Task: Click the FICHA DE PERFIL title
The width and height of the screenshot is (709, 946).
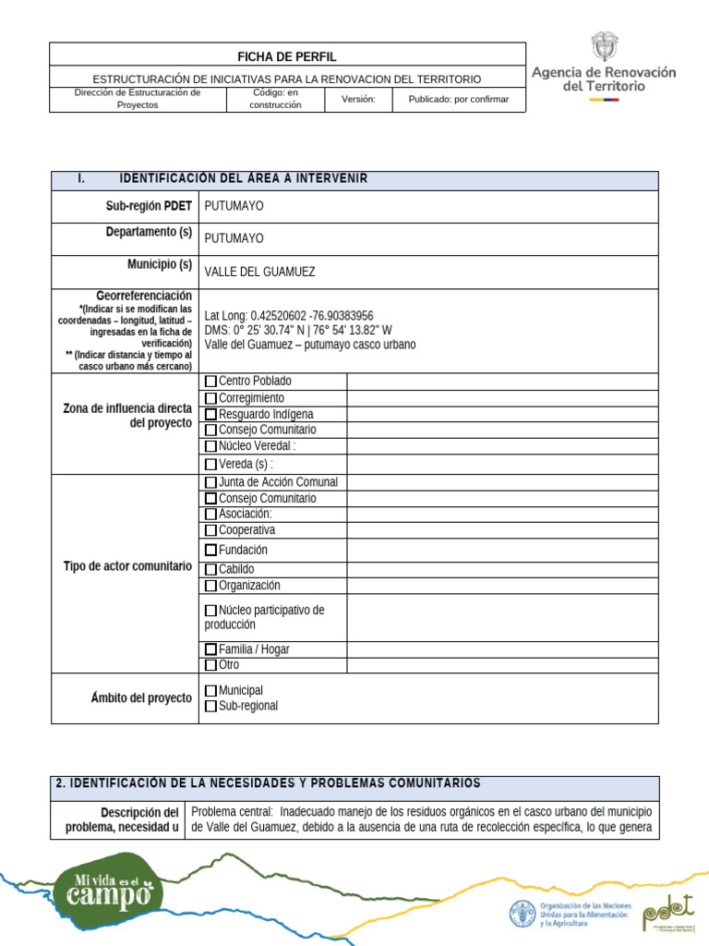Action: tap(287, 56)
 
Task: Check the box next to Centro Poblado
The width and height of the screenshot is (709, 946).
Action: tap(210, 382)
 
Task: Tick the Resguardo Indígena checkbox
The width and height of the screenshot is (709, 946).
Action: tap(210, 415)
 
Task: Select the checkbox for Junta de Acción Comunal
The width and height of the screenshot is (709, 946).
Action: tap(210, 482)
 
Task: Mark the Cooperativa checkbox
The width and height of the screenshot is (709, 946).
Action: tap(210, 531)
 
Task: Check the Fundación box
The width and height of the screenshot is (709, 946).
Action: tap(210, 551)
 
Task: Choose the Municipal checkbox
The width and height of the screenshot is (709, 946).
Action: tap(210, 691)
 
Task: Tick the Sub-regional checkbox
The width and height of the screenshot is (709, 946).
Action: tap(210, 707)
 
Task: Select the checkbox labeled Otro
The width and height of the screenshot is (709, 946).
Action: tap(210, 665)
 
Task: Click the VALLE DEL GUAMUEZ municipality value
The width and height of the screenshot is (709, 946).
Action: tap(259, 273)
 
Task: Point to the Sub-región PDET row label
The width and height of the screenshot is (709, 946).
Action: tap(149, 206)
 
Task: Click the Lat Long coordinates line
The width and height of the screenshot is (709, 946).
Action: tap(289, 315)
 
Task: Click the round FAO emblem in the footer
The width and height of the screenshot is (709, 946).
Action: tap(523, 914)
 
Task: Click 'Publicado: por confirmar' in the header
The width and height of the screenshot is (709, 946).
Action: tap(459, 100)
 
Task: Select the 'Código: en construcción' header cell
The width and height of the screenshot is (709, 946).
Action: tap(275, 99)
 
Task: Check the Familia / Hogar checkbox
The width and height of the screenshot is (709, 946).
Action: tap(210, 649)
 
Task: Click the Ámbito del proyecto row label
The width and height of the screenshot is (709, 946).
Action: tap(141, 698)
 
